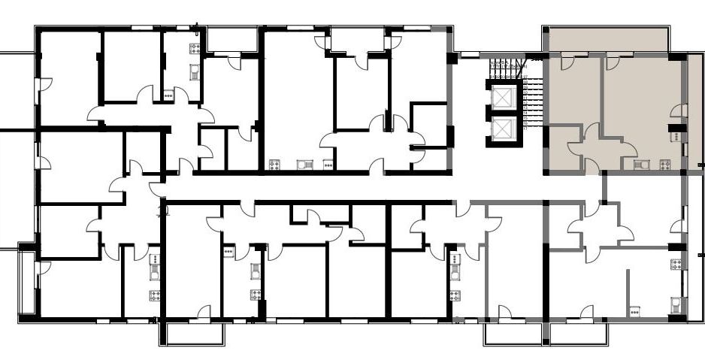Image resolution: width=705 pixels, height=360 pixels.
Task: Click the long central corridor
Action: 376,188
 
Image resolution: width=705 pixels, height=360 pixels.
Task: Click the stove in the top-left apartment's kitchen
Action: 195,50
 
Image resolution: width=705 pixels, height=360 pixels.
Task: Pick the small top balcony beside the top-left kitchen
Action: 231,41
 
